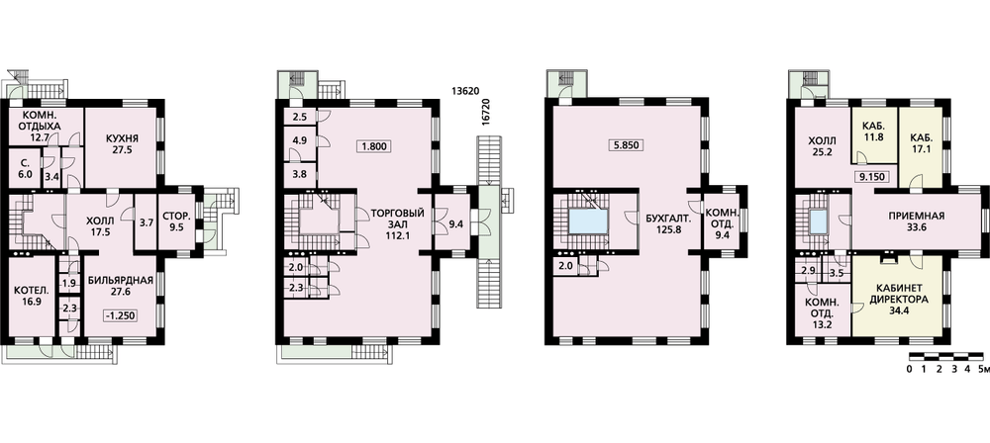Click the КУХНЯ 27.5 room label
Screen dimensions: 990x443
(x=123, y=144)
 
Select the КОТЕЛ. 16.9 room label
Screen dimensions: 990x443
(x=30, y=296)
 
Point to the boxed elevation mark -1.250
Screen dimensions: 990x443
(x=121, y=315)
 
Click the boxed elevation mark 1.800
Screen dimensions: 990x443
(x=372, y=146)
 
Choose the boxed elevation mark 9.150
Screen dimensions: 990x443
(x=874, y=177)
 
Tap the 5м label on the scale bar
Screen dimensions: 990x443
(x=980, y=369)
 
